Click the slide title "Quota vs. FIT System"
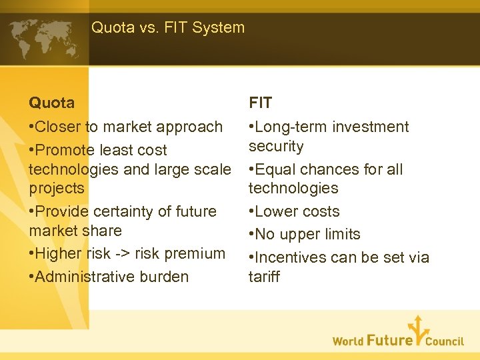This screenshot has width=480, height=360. click(168, 27)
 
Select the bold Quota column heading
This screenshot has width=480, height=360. click(51, 103)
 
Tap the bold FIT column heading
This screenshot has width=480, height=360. click(260, 103)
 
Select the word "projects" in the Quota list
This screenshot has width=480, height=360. click(57, 188)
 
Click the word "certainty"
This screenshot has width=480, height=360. click(116, 211)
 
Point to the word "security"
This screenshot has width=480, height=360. click(276, 146)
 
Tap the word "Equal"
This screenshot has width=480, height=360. click(275, 169)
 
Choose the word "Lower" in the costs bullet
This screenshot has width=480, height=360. click(276, 211)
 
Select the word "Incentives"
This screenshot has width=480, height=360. click(290, 257)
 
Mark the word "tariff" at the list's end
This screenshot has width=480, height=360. click(265, 277)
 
